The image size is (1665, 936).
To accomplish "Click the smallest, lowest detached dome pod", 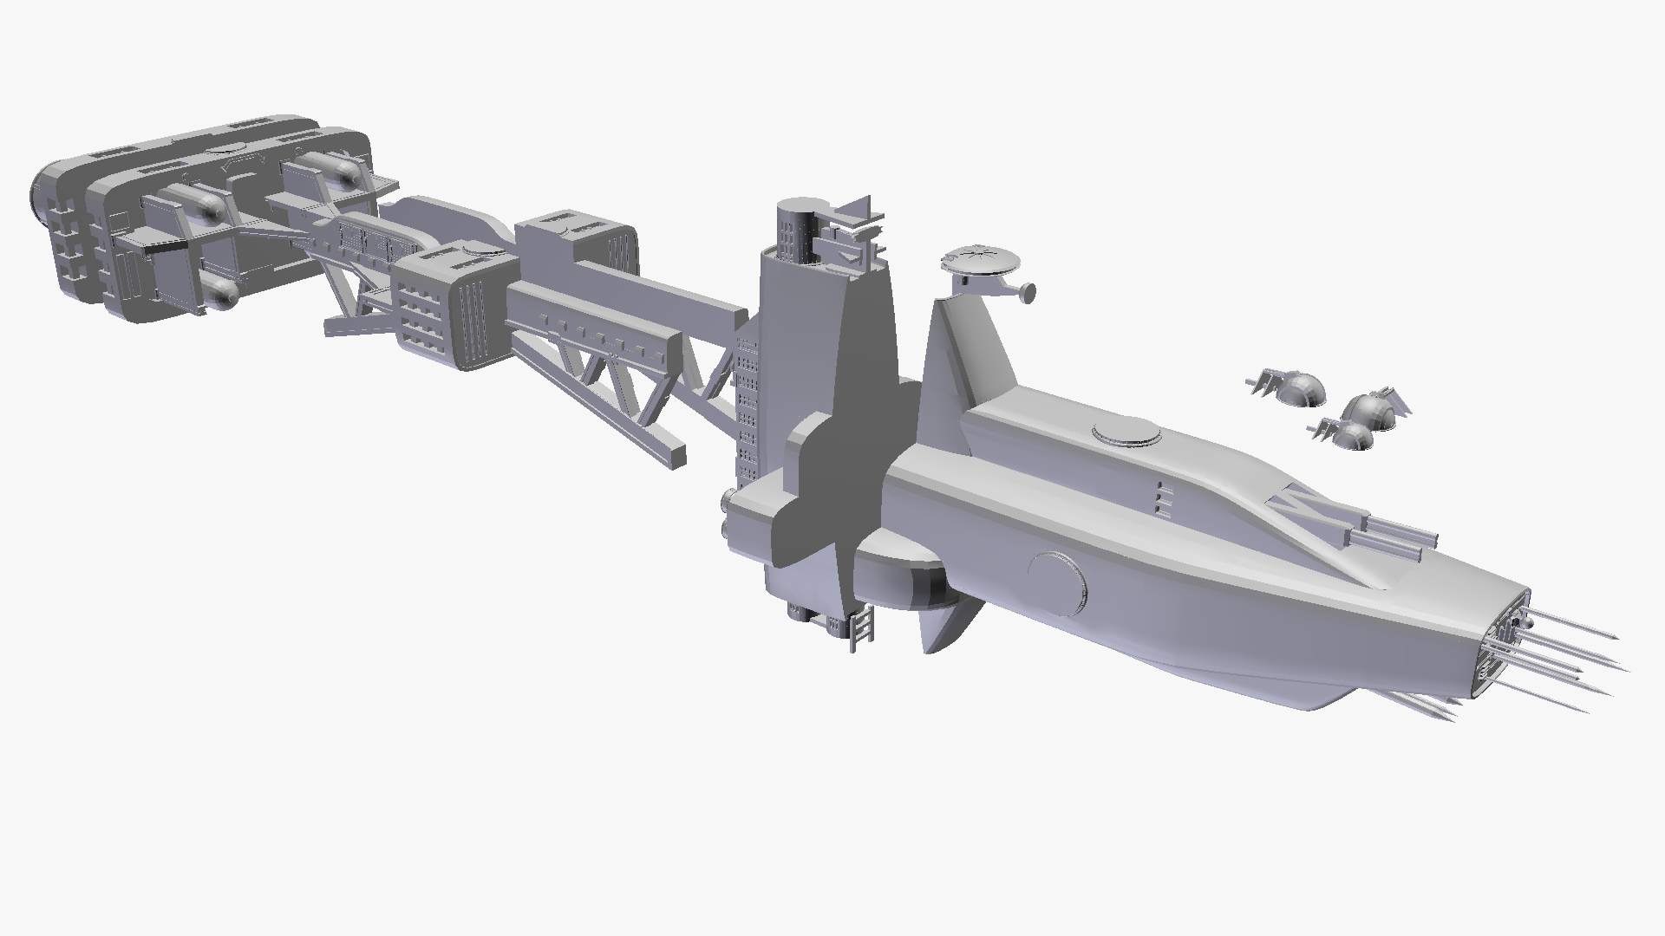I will click(1349, 435).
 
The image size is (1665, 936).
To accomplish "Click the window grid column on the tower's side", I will click(747, 407).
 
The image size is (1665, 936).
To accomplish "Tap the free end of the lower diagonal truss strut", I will click(672, 456).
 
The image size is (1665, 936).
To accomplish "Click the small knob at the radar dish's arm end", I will click(1028, 294).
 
